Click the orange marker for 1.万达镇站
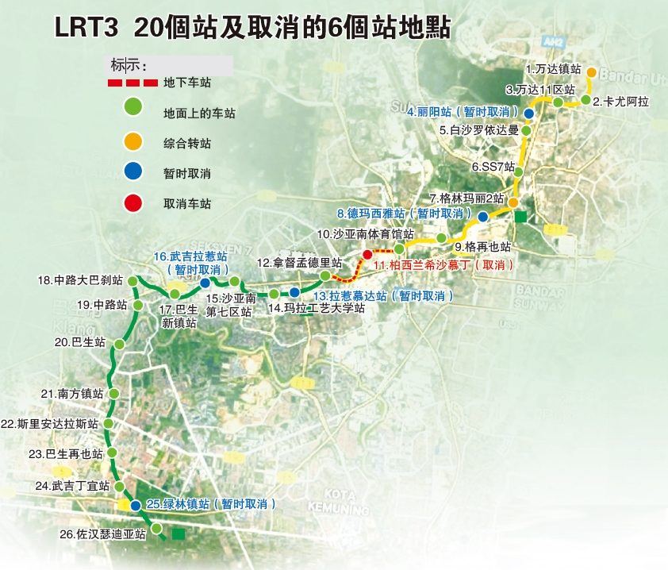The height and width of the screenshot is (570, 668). tap(591, 73)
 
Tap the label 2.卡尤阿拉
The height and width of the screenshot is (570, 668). tap(625, 101)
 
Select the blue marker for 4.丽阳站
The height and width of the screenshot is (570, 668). tap(528, 114)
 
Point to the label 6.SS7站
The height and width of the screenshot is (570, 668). tap(493, 168)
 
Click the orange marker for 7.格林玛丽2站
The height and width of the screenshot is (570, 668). tap(513, 202)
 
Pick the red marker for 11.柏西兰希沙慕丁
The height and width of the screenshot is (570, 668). tap(367, 254)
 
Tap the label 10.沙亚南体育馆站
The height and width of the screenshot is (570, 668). tap(365, 234)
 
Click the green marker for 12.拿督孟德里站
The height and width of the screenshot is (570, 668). tap(324, 275)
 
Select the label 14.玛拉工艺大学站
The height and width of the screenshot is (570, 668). tap(316, 309)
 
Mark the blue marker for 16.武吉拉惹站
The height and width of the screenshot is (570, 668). tap(205, 283)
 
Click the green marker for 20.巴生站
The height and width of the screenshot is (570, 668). tap(119, 344)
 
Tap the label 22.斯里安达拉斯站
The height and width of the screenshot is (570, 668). tap(51, 424)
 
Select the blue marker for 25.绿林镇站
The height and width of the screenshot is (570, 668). tap(136, 506)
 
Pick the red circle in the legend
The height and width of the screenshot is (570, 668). tap(133, 203)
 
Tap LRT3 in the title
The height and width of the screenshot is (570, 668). tap(86, 28)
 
